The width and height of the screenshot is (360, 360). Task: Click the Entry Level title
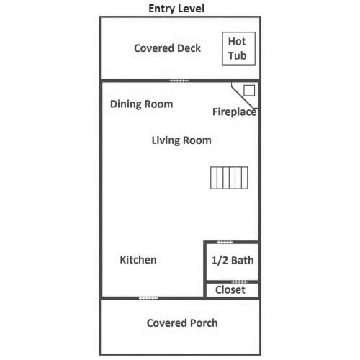(176, 9)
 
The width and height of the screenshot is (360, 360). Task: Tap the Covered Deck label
(167, 48)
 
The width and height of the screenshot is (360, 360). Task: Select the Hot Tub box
(238, 48)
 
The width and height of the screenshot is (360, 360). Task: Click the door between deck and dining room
(179, 81)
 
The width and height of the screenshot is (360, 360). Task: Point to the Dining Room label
(141, 104)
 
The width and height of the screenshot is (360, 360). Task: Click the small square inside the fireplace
(249, 91)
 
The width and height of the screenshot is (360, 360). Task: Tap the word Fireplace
(235, 112)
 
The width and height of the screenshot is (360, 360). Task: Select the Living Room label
(181, 140)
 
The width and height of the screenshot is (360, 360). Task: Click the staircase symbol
(229, 178)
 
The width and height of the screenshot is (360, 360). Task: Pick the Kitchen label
(138, 260)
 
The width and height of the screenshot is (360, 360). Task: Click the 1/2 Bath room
(232, 261)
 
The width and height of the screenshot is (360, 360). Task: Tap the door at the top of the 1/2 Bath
(225, 243)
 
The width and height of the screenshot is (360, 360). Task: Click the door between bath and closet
(239, 282)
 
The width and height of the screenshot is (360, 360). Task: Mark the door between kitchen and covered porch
(148, 298)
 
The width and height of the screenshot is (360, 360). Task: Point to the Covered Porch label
(182, 323)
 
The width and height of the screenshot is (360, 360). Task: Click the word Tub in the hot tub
(238, 55)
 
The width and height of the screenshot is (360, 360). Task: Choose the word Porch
(204, 323)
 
